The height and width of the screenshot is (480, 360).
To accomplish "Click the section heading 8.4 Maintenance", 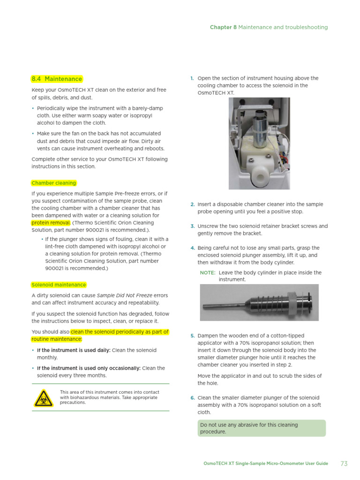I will coord(56,79).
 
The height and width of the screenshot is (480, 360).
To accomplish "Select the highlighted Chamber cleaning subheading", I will coord(53,183).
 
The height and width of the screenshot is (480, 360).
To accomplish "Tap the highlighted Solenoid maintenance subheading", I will coord(59,285).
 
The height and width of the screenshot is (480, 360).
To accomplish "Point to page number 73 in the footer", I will coord(344,464).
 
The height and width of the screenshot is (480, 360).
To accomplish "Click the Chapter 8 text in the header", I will coord(223,27).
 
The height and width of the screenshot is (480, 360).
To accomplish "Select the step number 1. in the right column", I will coord(192,78).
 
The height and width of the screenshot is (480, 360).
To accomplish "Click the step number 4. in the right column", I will coord(192,248).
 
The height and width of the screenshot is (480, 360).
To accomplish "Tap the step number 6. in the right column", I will coord(192,397).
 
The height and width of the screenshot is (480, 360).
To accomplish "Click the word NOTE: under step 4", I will coord(208,272).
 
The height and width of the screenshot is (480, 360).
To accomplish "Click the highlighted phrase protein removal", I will coord(51,223).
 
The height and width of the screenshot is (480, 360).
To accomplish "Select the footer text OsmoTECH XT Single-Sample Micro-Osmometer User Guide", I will coord(265,464).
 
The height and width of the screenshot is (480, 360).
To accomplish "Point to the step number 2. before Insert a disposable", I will coord(192,204).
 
